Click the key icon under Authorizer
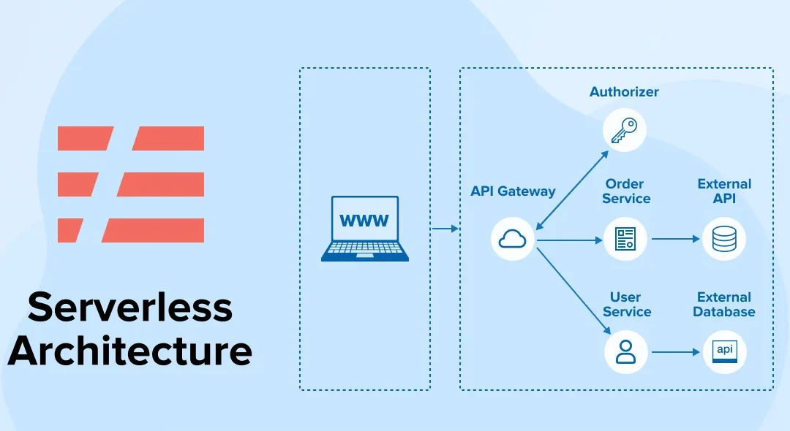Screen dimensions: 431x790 pos(624,131)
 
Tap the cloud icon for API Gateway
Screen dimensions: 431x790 pos(512,238)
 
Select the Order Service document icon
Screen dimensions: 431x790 pos(625,238)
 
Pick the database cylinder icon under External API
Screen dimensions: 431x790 pos(724,238)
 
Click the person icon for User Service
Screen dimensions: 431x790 pos(625,351)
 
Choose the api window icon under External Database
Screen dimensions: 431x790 pos(724,351)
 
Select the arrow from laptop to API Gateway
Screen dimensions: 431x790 pos(445,229)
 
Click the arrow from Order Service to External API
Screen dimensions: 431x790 pos(674,238)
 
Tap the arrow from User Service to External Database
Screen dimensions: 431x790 pos(674,352)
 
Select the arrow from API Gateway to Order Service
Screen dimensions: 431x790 pos(568,238)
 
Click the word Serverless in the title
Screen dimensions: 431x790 pos(130,308)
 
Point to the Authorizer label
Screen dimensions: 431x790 pos(624,92)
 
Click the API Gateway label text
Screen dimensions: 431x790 pos(513,191)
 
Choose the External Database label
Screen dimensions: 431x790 pos(724,305)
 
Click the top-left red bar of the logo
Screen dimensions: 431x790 pos(85,138)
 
